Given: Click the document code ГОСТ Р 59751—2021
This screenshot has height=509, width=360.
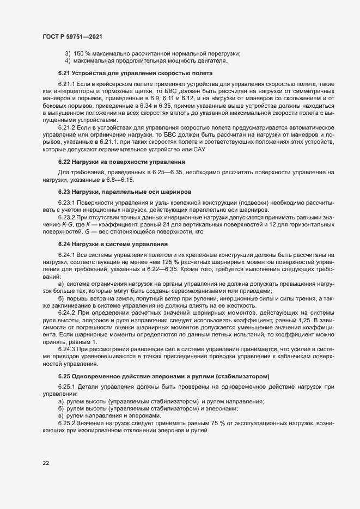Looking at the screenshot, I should [72, 36].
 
